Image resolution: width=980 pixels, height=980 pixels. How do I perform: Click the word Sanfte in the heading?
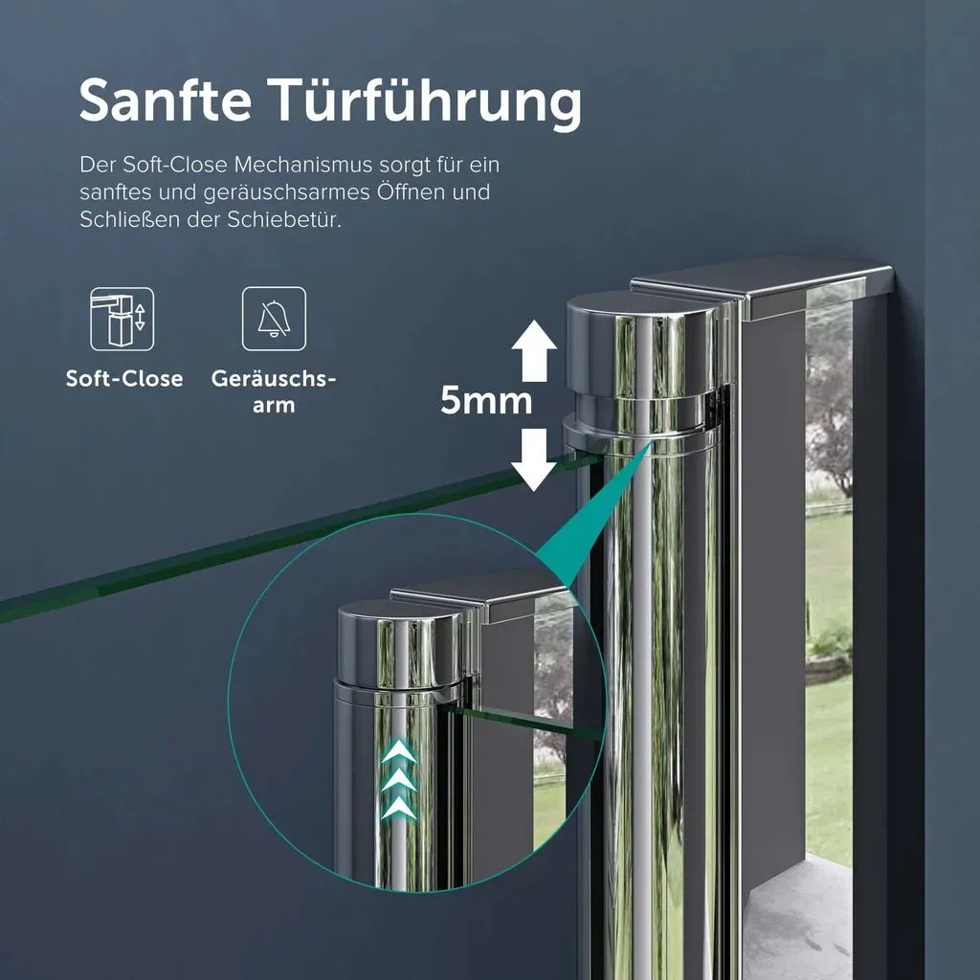point(166,100)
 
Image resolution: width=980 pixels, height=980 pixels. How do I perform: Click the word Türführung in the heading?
point(428,103)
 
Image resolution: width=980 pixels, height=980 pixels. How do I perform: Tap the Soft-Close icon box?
point(122,319)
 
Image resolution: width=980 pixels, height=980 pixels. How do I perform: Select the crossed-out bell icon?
point(274,319)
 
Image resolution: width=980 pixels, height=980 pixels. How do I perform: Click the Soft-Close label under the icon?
point(124,378)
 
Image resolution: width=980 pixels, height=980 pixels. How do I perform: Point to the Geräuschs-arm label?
point(274,391)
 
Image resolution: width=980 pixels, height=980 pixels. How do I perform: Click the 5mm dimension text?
point(486,400)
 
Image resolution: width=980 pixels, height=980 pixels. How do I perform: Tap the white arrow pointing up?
point(534,350)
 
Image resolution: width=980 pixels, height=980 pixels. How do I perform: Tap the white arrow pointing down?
point(534,460)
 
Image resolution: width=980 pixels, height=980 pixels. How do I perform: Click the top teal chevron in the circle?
point(399,750)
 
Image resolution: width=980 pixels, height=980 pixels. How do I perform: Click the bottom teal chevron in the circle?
point(399,808)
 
